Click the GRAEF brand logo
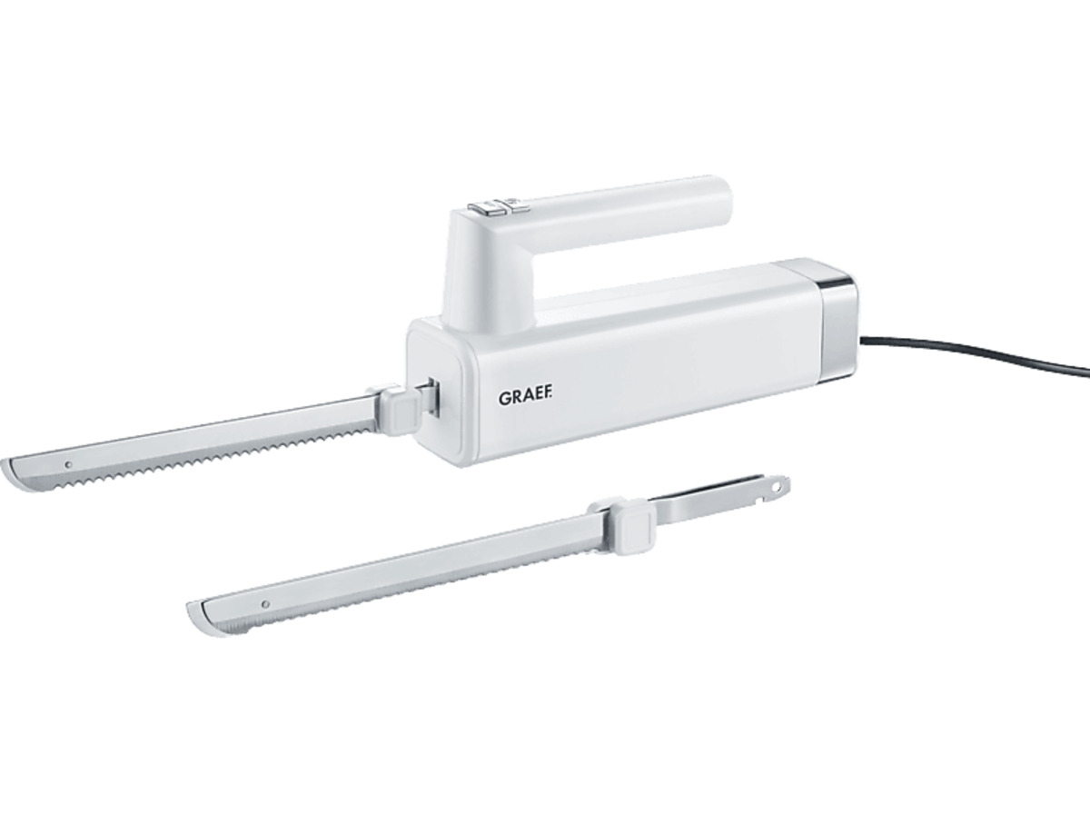[x=525, y=399]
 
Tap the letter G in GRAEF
[x=504, y=399]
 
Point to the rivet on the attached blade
[x=69, y=465]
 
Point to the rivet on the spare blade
[x=266, y=604]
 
